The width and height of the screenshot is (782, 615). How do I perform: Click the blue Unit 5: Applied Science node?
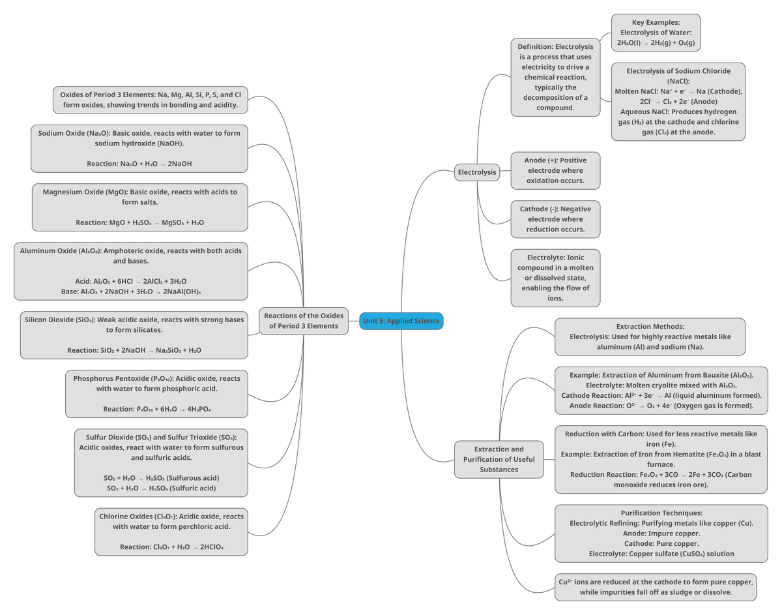point(401,321)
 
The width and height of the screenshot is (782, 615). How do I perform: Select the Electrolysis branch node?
point(477,173)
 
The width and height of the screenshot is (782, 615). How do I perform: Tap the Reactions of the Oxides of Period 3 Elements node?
point(303,321)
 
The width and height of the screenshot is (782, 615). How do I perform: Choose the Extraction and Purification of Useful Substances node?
point(499,459)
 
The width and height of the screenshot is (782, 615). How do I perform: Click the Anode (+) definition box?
point(555,170)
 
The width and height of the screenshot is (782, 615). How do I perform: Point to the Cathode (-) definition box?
point(555,219)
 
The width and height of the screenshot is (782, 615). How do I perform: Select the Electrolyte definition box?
point(555,278)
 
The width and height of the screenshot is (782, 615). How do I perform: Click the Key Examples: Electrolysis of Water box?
point(656,33)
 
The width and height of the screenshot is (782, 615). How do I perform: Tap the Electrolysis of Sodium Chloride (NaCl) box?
point(678,101)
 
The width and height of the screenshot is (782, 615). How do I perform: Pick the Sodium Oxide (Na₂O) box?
point(139,148)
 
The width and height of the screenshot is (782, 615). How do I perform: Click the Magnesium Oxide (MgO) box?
point(139,207)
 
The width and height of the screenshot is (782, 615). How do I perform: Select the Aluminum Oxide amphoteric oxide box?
point(130,271)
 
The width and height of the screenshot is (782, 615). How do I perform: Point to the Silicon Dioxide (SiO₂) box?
point(134,335)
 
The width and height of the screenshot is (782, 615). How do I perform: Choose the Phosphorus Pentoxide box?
point(156,393)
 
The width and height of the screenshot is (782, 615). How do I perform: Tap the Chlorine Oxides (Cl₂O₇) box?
point(171,532)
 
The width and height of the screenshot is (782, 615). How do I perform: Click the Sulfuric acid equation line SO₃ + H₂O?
point(161,488)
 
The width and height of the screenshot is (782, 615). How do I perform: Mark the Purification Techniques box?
point(661,533)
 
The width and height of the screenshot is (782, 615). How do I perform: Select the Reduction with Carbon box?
point(661,459)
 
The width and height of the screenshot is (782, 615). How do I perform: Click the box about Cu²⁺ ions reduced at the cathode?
point(655,587)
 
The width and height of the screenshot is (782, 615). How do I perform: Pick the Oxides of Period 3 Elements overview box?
point(151,100)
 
